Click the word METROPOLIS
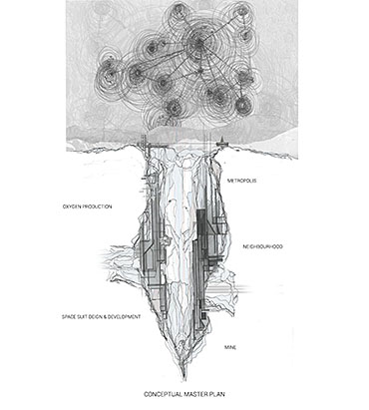241,181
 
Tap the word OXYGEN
72,206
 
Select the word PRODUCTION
97,206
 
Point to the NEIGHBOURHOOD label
262,246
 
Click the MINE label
230,347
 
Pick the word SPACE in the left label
69,317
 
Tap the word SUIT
82,317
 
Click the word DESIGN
96,317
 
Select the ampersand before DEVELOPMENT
105,317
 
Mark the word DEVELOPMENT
124,317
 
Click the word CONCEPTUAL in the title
160,394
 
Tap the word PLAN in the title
218,394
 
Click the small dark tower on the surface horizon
221,142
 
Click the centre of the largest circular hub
200,42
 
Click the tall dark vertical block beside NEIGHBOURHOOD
201,231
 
